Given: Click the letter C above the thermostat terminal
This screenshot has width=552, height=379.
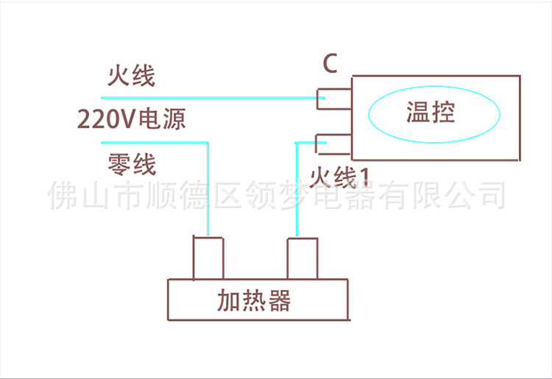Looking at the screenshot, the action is coord(330,63).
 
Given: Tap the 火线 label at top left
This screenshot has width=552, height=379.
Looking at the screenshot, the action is coord(131,75).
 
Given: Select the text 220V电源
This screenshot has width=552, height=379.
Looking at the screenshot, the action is coord(131,119).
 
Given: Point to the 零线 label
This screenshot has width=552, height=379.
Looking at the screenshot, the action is coord(132,164).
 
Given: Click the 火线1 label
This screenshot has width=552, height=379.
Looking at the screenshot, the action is coord(339,177).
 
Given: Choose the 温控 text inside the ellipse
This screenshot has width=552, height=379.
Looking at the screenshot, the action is coord(431,113).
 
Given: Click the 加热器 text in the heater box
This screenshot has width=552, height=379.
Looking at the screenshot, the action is coord(254,300).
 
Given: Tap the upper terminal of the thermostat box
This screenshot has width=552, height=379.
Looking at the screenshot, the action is coord(334,99).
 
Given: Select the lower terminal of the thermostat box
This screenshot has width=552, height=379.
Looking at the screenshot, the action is coord(333,144).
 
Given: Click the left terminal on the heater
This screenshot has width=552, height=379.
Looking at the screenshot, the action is coord(208,258).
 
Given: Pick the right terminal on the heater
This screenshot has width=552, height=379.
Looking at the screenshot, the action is coord(302,258).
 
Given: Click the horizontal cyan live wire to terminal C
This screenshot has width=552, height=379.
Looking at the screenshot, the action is coord(213,98).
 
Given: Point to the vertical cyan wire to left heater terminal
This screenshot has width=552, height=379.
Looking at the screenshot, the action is coord(208,189).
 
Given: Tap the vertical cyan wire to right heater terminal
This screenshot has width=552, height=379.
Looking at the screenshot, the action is coord(297,189).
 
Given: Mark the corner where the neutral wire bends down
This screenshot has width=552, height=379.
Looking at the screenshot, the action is coord(208,143).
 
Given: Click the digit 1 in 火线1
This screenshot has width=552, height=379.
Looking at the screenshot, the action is coord(365,177).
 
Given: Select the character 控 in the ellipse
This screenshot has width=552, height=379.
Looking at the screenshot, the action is coord(443,113).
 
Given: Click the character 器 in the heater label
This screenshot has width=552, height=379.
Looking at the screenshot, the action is coord(279,300).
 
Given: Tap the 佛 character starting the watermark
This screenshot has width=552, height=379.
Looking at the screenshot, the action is coord(63,195).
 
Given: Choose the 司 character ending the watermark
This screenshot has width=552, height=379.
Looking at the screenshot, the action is coord(493,194).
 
